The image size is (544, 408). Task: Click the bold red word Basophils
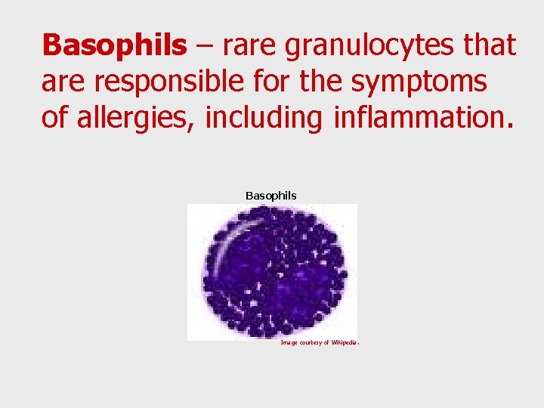[x=113, y=45]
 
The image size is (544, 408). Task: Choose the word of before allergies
[x=54, y=119]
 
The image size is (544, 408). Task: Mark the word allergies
[x=133, y=119]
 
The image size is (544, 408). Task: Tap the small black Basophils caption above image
[x=271, y=196]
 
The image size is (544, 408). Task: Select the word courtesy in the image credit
[x=311, y=342]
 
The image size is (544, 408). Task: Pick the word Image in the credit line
[x=289, y=342]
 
